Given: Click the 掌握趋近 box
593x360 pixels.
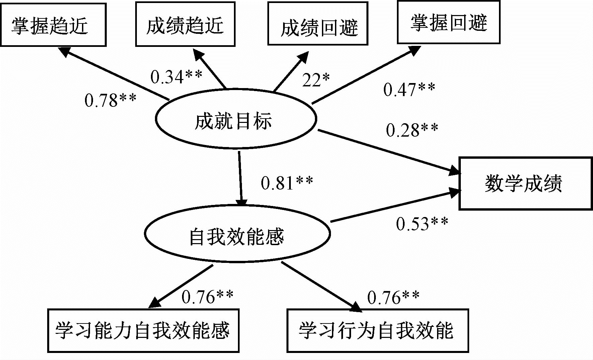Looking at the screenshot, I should [53, 25].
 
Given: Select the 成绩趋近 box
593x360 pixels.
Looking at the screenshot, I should [185, 24].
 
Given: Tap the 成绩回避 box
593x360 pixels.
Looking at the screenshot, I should [318, 23].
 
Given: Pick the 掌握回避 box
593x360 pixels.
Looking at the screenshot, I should [448, 22].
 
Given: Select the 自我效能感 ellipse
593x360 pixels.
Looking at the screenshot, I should [237, 233].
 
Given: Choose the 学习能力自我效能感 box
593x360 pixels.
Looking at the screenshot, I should [143, 331].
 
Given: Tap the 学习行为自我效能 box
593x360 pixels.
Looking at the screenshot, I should [377, 331].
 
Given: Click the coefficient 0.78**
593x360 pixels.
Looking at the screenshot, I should [110, 100].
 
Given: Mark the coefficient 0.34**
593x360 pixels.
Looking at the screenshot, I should [176, 77].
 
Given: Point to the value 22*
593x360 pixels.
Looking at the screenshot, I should [316, 80].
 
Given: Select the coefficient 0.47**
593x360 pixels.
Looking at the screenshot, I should [409, 89].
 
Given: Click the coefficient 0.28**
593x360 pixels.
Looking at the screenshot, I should [412, 130].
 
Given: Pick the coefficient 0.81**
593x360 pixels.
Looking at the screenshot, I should [287, 183].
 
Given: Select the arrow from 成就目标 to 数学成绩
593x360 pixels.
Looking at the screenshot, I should [388, 152].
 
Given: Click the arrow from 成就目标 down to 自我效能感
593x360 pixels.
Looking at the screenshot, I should [240, 177].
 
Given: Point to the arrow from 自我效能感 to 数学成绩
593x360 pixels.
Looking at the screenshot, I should [395, 206].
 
